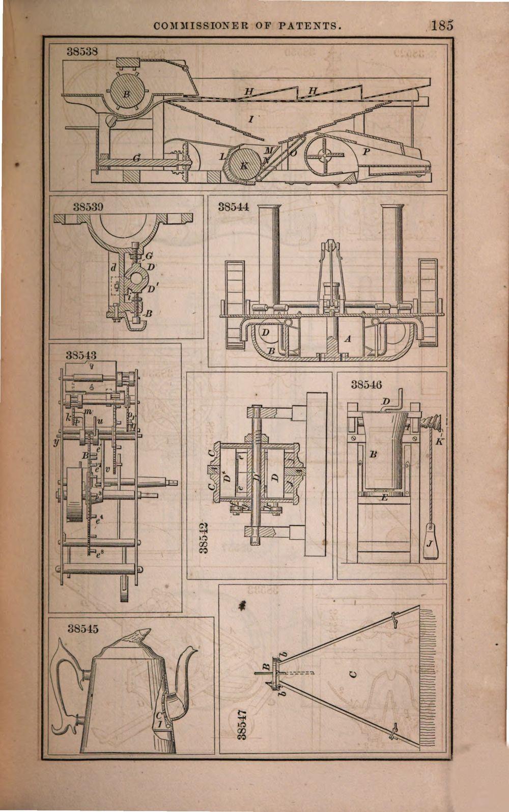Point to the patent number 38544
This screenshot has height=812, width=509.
[x=234, y=207]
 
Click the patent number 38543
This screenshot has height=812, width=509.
[x=81, y=354]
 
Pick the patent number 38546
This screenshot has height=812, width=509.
[x=366, y=385]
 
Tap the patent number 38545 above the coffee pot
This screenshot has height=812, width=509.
[x=83, y=629]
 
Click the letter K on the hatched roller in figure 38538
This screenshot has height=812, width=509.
[x=244, y=166]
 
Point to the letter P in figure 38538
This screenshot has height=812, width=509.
[x=365, y=152]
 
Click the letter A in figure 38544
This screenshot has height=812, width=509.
[x=348, y=338]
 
